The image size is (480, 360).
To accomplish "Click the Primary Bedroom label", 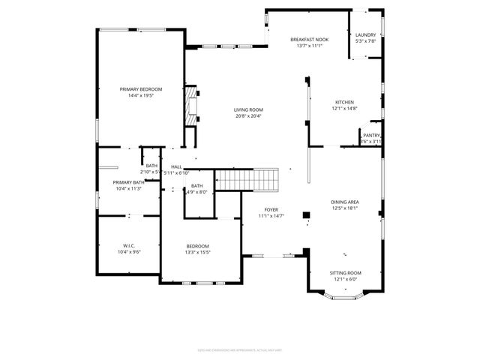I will [141, 89].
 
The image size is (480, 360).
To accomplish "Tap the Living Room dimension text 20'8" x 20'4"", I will [249, 116].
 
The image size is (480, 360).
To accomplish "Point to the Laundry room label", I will [365, 34].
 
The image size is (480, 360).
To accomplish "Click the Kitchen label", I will [344, 102].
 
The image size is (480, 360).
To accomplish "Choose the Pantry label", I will [371, 135].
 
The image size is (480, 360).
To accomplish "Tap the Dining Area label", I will [345, 202].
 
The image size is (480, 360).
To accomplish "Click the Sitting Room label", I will [345, 273].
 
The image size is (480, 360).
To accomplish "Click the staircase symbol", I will [247, 180].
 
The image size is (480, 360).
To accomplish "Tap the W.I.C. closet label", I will [129, 245].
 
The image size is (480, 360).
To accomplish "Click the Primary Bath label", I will [128, 181].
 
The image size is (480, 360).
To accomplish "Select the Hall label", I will [176, 166].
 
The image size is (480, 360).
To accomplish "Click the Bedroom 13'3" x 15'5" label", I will [198, 246].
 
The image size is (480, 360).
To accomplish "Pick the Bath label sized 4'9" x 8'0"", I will [196, 185].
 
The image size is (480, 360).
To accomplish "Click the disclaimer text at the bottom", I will [239, 348].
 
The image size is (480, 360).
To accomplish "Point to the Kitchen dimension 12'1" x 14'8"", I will [344, 109].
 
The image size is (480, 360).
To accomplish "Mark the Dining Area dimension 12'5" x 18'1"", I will [345, 208].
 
